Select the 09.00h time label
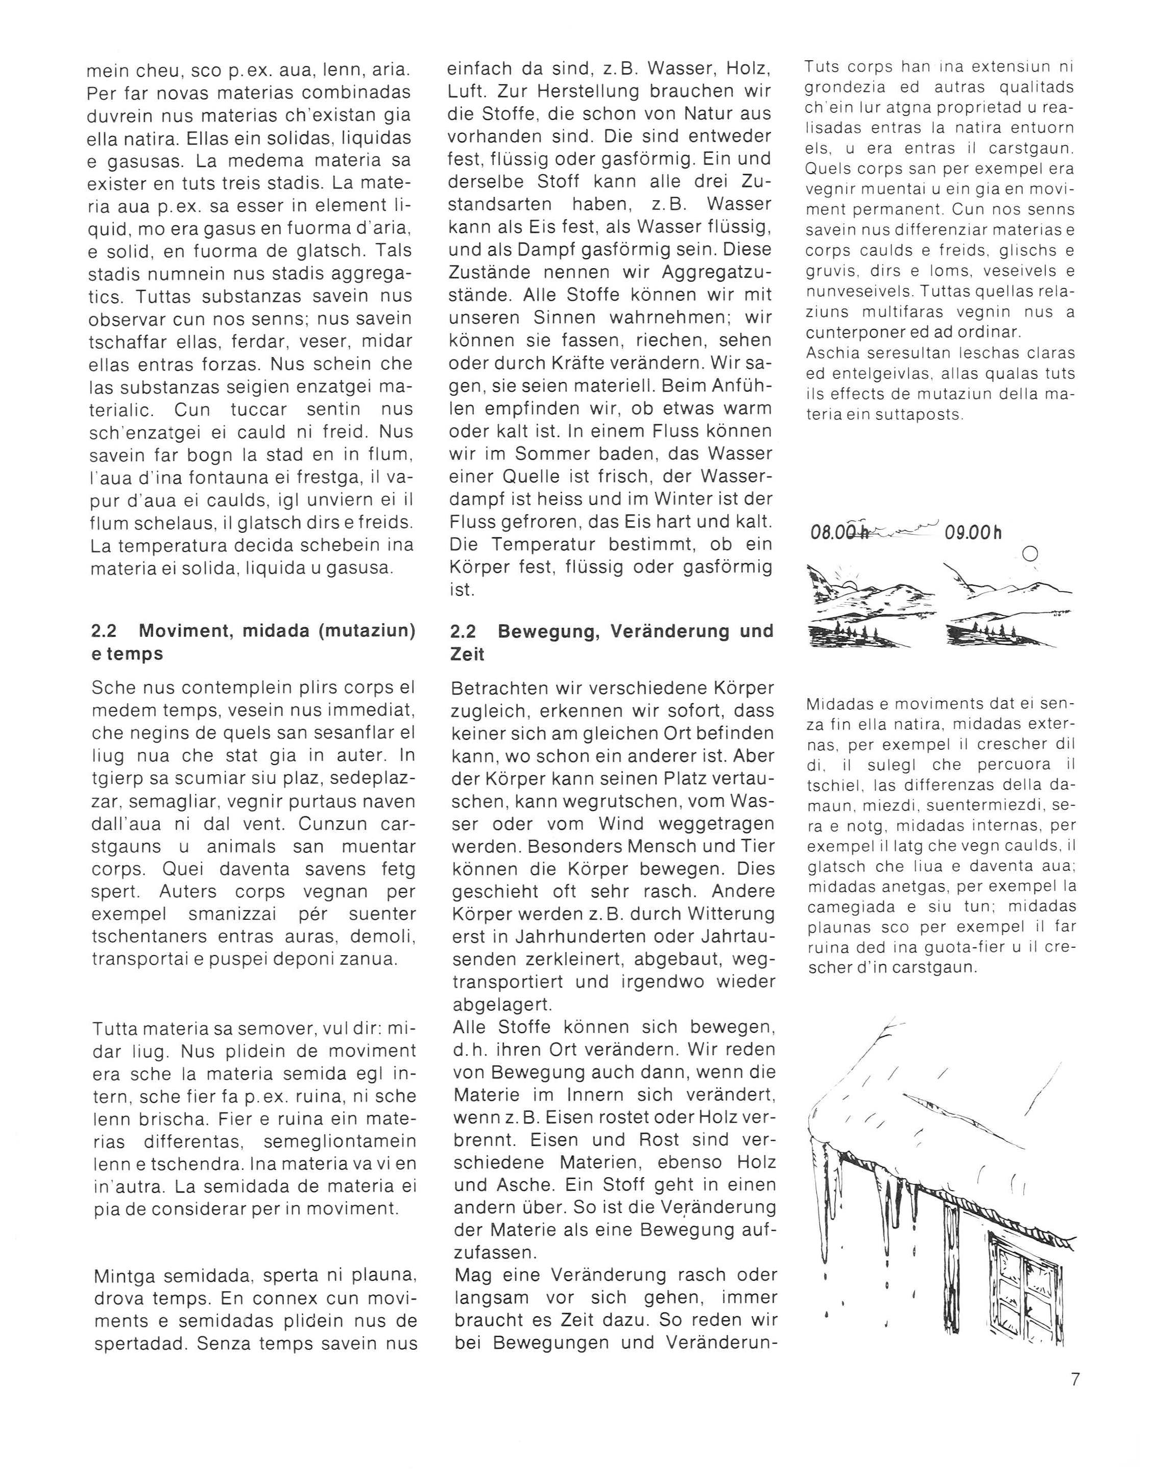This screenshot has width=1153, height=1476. pos(974,533)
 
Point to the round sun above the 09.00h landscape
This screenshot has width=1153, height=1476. pos(1030,554)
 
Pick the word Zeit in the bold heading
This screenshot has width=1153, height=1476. pos(466,654)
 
